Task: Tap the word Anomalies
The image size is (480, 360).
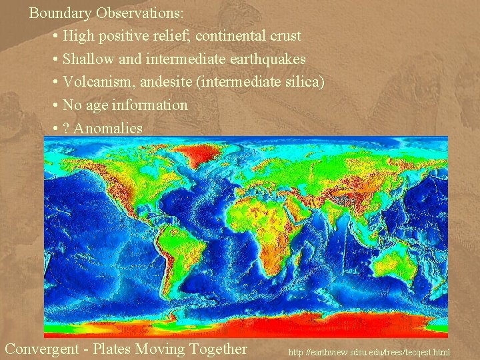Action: (108, 128)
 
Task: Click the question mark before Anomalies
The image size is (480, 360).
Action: (66, 128)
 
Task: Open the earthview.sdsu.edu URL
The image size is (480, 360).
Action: (369, 351)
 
